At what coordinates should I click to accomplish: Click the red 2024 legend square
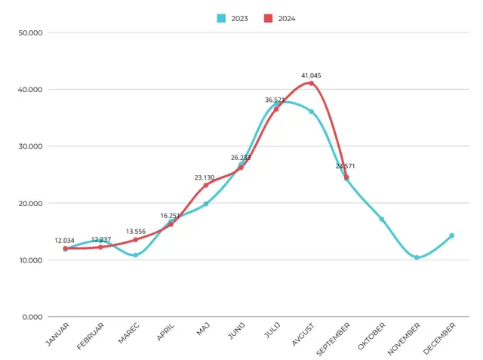269,18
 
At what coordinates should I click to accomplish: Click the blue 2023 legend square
221,18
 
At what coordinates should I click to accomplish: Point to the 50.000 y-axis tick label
30,33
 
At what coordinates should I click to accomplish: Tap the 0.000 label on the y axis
32,317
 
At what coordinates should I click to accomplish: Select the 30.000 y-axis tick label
30,146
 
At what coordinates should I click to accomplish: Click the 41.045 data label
311,75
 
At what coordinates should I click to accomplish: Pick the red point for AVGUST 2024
311,83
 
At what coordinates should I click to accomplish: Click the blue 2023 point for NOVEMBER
417,257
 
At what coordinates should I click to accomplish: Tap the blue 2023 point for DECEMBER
451,235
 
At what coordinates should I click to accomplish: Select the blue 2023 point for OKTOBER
382,219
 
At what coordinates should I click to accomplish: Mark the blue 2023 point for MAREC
136,255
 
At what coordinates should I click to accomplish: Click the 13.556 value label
136,231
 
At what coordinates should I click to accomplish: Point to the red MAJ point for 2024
206,185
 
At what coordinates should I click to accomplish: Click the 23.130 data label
205,177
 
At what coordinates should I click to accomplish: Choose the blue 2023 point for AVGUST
312,112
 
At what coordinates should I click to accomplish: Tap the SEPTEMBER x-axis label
334,339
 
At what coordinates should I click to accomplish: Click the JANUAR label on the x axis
57,334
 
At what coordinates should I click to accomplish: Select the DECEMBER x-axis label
439,338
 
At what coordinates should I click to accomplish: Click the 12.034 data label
64,241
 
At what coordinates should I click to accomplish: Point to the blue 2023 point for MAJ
206,204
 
